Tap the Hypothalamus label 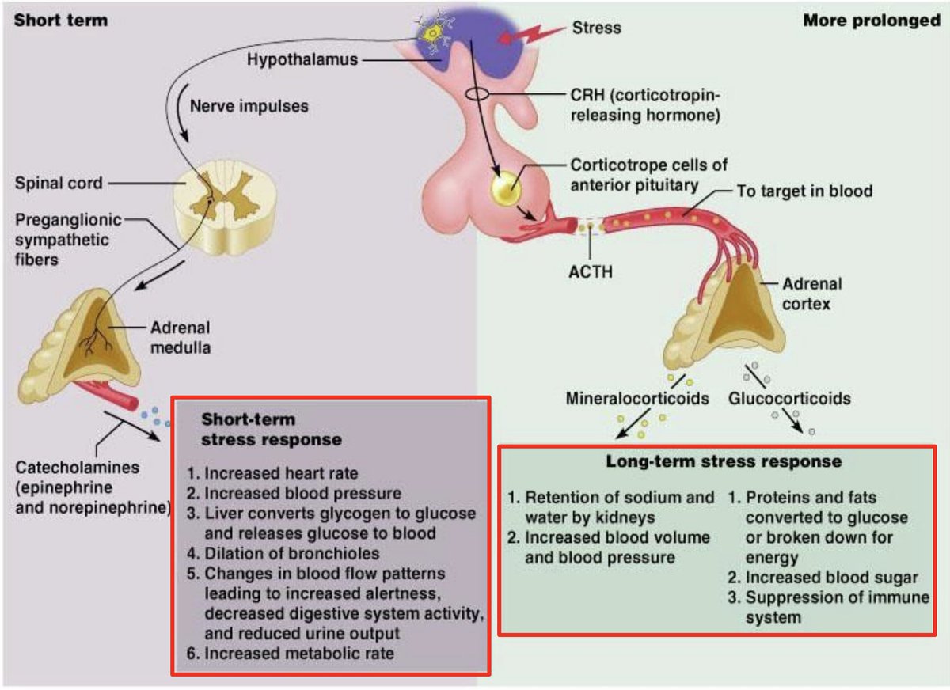pos(302,59)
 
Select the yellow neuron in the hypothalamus pos(433,33)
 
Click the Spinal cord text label pos(59,184)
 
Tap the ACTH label pos(590,271)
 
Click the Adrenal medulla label pos(180,337)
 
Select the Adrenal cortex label pos(811,293)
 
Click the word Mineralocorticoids pos(637,398)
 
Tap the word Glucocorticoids pos(789,398)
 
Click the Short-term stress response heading pos(272,430)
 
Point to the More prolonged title pos(872,21)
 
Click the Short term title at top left pos(60,21)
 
